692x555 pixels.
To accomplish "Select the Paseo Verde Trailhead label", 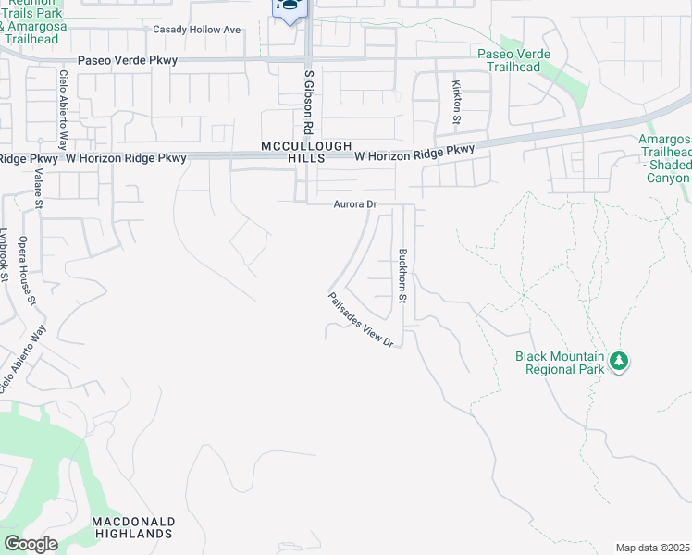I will pyautogui.click(x=508, y=60).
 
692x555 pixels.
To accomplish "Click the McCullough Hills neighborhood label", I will pyautogui.click(x=293, y=153).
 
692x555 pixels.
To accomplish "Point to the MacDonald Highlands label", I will pyautogui.click(x=133, y=528).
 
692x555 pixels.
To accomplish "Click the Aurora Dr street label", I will pyautogui.click(x=351, y=204).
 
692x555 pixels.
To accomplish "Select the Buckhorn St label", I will pyautogui.click(x=402, y=276).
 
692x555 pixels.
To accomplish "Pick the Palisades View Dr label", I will pyautogui.click(x=361, y=320).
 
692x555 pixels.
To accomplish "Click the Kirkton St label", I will pyautogui.click(x=456, y=102).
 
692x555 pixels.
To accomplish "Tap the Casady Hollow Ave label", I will pyautogui.click(x=196, y=30).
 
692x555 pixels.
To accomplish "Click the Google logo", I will pyautogui.click(x=30, y=544).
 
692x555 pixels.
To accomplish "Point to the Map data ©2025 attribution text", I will pyautogui.click(x=652, y=548).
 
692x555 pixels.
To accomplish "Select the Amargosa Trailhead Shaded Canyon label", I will pyautogui.click(x=665, y=158).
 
